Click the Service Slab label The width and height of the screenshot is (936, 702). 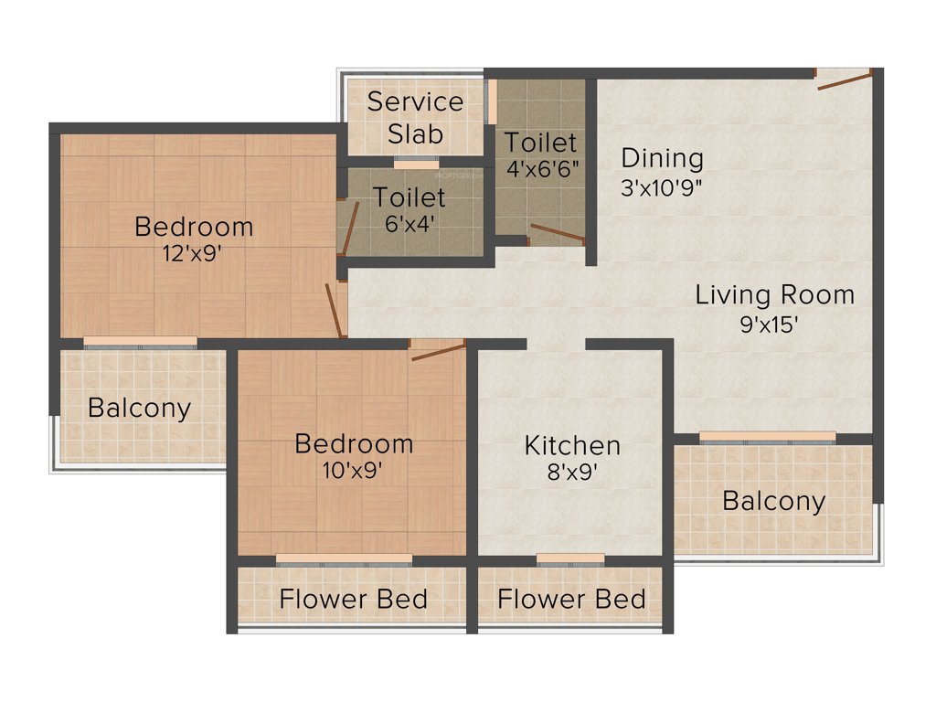(415, 117)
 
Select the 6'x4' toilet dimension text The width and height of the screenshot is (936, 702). (408, 223)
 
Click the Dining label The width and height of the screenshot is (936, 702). (663, 158)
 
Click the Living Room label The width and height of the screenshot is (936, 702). (775, 295)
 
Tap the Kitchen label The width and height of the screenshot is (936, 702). (572, 446)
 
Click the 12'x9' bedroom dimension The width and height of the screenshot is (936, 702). (192, 253)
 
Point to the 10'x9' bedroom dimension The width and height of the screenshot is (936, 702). (353, 471)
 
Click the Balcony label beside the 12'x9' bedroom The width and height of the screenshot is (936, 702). (139, 408)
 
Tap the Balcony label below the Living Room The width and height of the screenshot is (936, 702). (773, 501)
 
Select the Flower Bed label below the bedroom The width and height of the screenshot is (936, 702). (354, 600)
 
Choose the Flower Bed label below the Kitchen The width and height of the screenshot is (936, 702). (572, 600)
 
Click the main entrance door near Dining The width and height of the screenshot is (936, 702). (844, 80)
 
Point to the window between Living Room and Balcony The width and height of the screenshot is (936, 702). (767, 437)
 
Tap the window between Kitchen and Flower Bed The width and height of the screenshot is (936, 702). (570, 558)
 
